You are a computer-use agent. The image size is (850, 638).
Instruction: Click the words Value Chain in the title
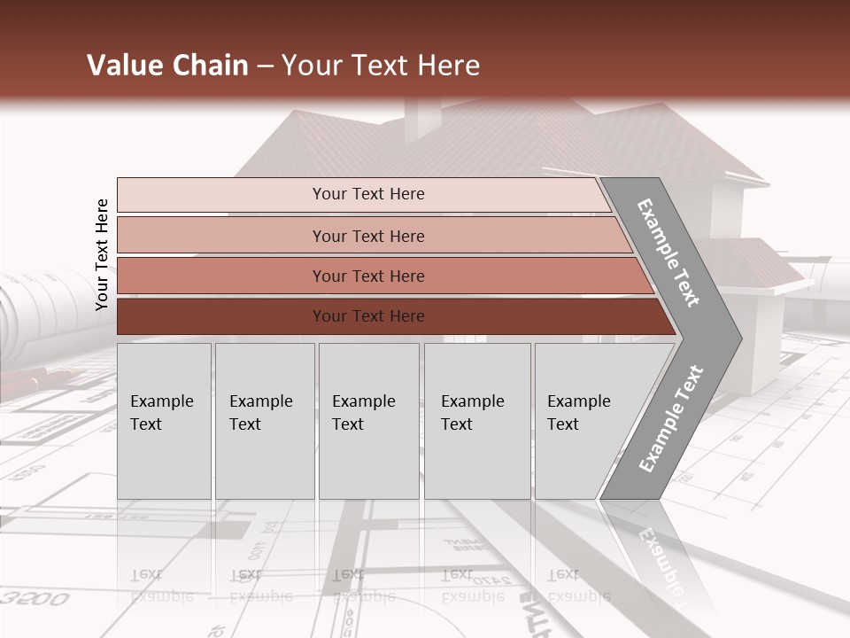[x=167, y=66]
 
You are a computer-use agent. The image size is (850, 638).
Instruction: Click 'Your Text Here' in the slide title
[x=381, y=66]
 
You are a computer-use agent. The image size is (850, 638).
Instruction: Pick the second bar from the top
[x=367, y=236]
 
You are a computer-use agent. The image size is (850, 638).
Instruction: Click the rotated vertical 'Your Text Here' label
[x=102, y=254]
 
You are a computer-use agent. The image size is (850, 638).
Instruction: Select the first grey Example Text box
[x=164, y=420]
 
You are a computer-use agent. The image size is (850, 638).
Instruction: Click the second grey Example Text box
[x=264, y=420]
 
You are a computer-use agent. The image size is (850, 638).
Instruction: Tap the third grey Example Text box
[x=368, y=420]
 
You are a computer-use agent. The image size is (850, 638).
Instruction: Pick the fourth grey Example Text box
[x=476, y=420]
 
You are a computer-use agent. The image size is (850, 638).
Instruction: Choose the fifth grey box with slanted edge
[x=584, y=420]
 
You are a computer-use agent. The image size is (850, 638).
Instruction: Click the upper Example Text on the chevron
[x=668, y=252]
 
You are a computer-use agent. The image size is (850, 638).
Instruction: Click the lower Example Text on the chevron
[x=671, y=418]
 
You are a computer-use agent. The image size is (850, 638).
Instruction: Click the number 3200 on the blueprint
[x=35, y=598]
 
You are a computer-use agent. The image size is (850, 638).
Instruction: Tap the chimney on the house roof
[x=422, y=120]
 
